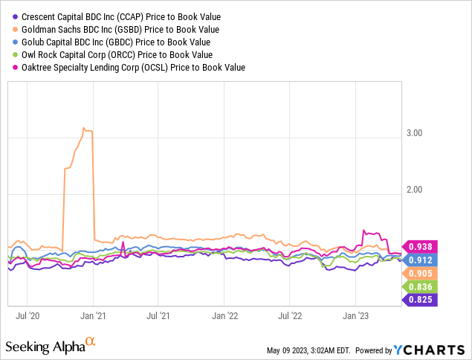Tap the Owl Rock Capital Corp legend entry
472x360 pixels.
tap(111, 54)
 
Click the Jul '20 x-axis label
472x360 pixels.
tap(27, 315)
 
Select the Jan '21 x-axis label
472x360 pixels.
tap(93, 315)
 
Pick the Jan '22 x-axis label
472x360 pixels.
tap(224, 315)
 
